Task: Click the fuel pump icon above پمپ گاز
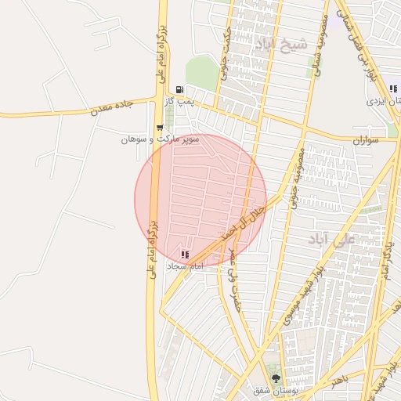181,89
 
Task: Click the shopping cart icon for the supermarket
160,128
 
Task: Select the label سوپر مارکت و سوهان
160,139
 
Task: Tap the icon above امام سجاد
185,255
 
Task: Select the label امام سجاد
185,266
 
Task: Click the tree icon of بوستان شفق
274,378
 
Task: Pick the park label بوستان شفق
271,389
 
